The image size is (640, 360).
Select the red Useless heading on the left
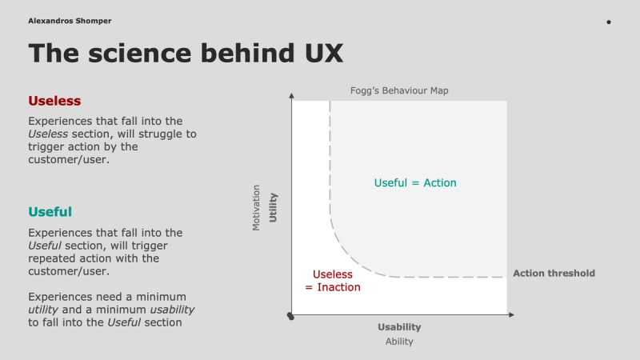point(54,101)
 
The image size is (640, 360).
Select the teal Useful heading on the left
point(50,212)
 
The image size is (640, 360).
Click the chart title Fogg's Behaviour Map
point(399,90)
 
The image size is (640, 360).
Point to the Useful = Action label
point(415,182)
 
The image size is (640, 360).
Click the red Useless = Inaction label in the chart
point(332,280)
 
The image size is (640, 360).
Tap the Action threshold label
point(554,274)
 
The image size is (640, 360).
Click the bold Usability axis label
point(399,327)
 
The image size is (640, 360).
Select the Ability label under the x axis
point(399,342)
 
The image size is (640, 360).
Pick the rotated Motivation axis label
point(257,208)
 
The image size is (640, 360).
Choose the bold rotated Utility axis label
point(273,208)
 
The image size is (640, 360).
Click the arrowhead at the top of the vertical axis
point(292,97)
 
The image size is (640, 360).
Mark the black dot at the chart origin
point(291,318)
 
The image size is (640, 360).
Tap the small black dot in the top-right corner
point(609,22)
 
